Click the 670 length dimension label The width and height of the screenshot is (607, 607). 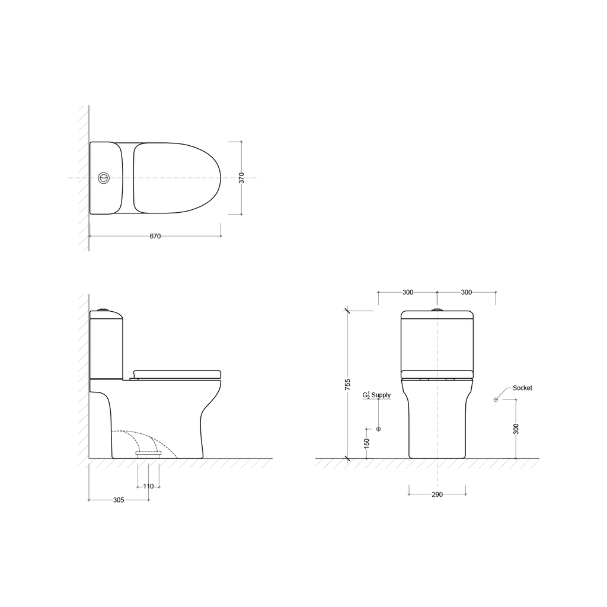[155, 236]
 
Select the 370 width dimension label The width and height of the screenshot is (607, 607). [242, 178]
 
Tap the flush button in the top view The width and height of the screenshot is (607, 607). [104, 178]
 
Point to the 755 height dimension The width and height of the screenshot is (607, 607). [347, 384]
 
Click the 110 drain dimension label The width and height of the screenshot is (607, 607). [148, 486]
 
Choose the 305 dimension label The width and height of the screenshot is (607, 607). [119, 500]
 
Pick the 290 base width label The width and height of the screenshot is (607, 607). [437, 494]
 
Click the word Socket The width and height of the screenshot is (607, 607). [522, 388]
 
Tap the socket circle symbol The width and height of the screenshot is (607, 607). [496, 400]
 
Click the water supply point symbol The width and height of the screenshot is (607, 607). [379, 429]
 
